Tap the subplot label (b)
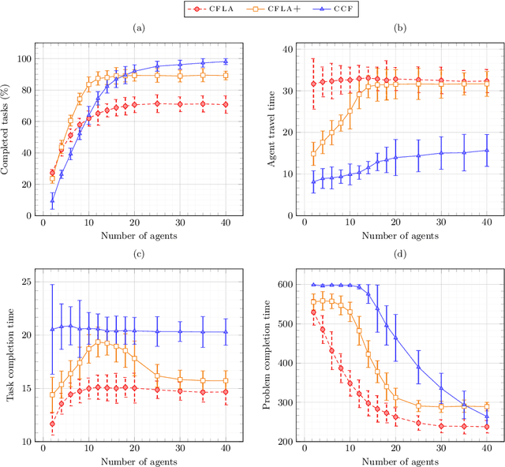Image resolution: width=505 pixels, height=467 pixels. point(401,28)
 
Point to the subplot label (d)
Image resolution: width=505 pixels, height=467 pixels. point(401,254)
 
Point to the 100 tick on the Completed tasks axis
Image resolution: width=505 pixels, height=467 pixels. point(27,59)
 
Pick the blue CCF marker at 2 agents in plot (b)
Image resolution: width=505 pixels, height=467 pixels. point(314,182)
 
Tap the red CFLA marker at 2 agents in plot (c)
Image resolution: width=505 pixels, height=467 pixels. point(52,424)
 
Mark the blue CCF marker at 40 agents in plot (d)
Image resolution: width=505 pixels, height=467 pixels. point(487,417)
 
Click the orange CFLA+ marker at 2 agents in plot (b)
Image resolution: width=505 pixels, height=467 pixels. point(314,154)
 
